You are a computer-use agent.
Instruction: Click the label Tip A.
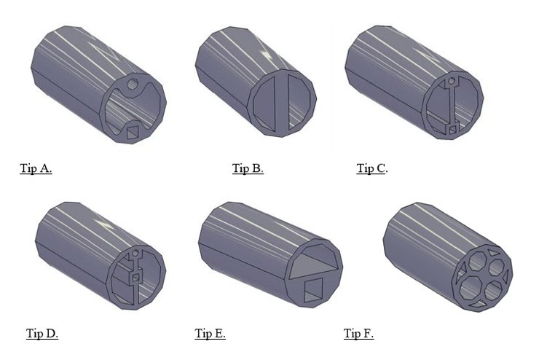coord(36,168)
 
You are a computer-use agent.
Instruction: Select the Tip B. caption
coord(248,168)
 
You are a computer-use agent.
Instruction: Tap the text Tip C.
coord(372,168)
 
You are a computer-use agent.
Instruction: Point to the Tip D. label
coord(42,334)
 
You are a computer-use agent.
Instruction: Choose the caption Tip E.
coord(210,334)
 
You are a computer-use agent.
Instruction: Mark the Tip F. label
coord(358,334)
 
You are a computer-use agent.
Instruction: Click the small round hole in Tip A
coord(133,84)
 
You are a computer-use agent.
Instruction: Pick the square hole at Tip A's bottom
coord(133,133)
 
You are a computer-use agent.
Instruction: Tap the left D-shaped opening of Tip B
coord(264,103)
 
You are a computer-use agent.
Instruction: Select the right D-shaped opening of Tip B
coord(299,100)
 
